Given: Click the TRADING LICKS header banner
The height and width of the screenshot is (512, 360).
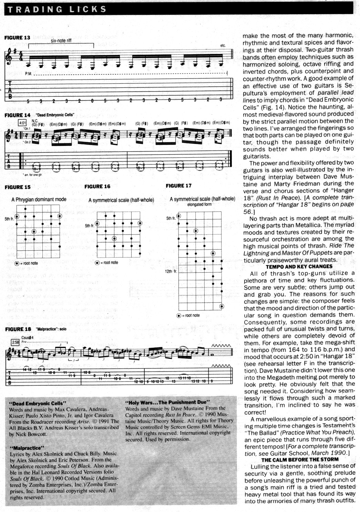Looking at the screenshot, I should coord(57,9).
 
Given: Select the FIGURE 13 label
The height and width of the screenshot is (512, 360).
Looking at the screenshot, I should coord(17,38).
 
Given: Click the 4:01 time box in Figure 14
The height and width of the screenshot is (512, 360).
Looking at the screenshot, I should coord(22,123).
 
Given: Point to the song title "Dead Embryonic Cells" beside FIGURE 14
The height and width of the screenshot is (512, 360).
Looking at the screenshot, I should coord(55,115).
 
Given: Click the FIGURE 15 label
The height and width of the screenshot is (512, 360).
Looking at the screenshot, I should coord(18,187).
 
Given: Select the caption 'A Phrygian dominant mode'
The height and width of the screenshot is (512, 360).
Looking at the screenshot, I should coord(39,199).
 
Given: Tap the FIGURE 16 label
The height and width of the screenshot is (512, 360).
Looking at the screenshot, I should coord(97,186).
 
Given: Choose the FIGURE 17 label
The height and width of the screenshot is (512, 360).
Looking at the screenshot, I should coord(178,186).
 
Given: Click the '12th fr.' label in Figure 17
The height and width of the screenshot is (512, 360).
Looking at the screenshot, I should coord(171,271).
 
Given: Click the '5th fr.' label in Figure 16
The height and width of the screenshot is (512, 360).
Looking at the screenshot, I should coord(90,226).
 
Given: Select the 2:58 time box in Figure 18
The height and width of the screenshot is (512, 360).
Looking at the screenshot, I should coord(16,342).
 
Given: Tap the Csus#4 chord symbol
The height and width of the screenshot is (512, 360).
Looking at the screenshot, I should coord(28,337).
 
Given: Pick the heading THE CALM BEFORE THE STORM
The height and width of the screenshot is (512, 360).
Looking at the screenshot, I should coord(300,459).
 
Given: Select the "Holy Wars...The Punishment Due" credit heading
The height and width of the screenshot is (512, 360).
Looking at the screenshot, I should coord(167,402).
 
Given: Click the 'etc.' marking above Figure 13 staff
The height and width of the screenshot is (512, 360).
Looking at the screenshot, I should coord(223,45).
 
